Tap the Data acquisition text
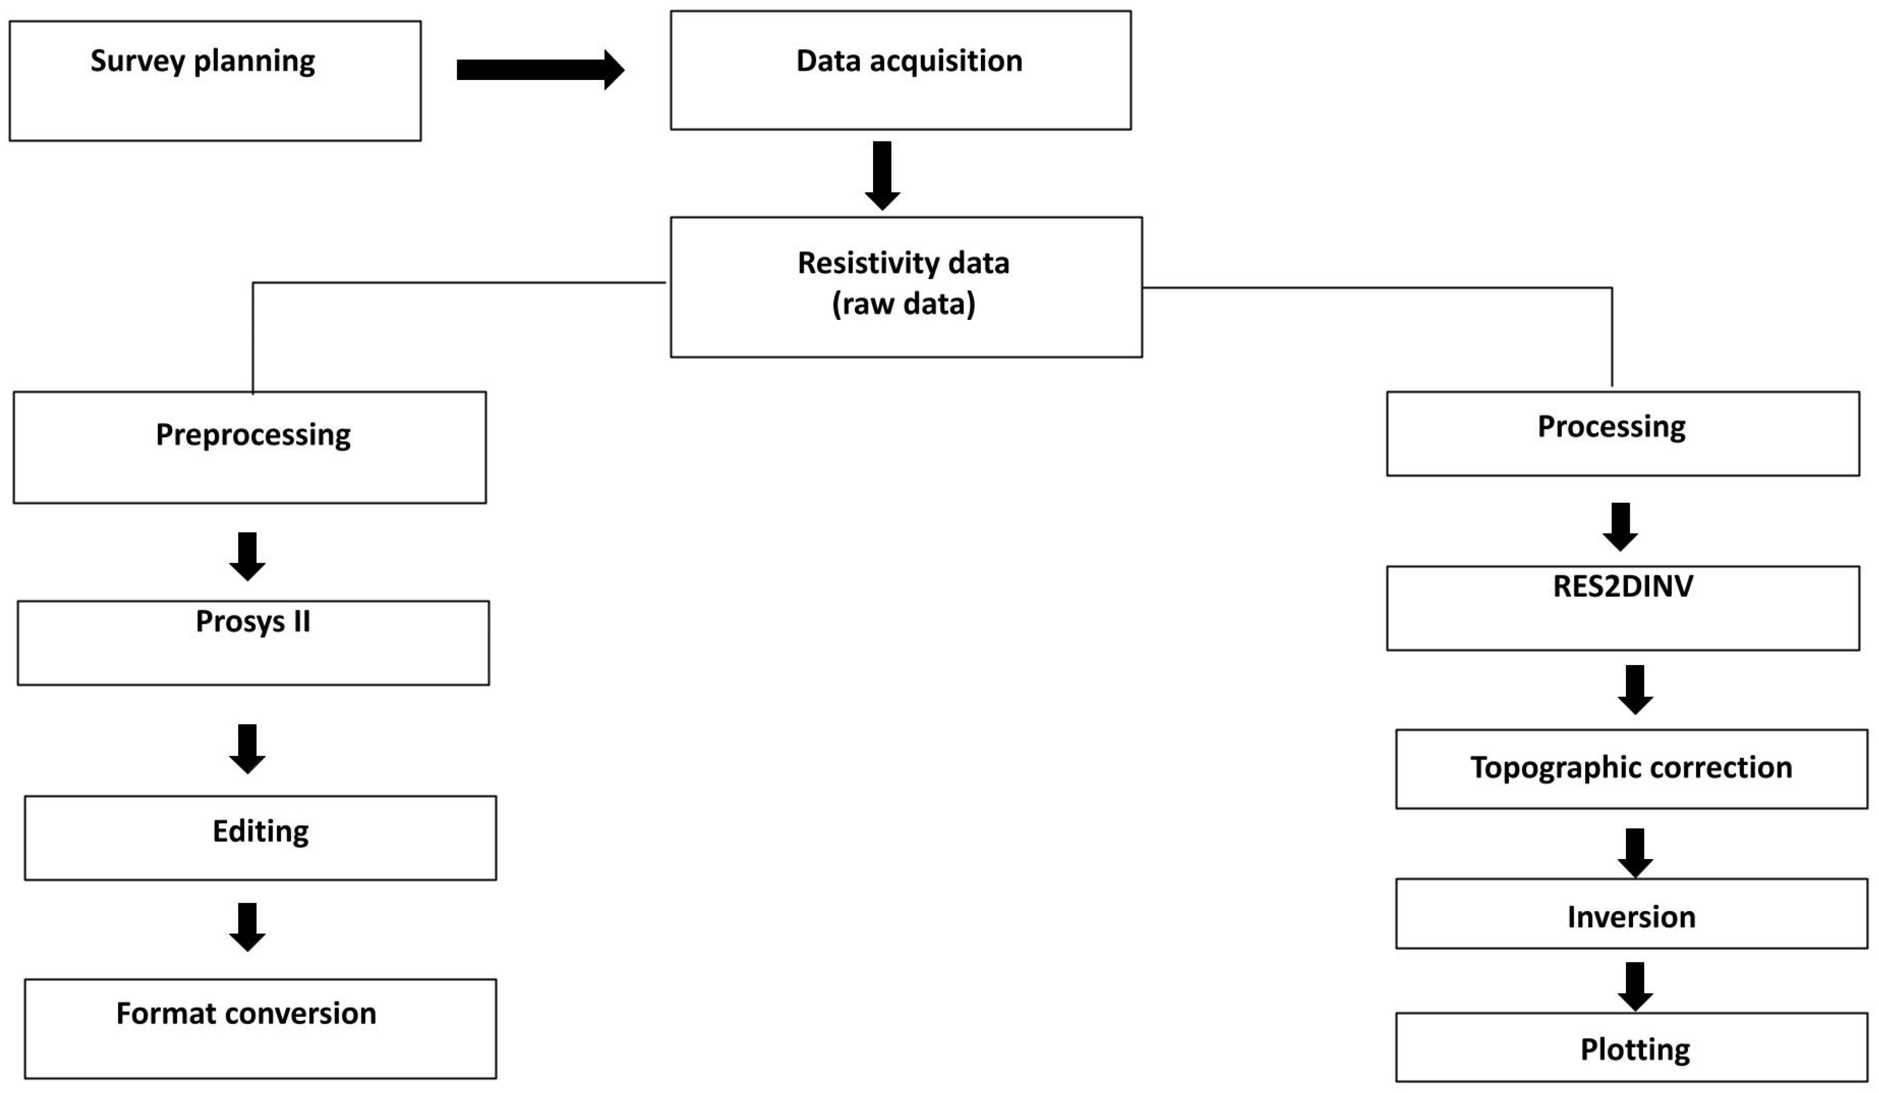point(909,61)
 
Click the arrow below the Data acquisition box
point(882,175)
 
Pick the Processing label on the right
point(1611,427)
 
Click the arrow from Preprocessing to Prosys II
point(247,556)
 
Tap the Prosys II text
point(253,621)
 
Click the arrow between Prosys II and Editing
point(247,748)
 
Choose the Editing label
point(260,831)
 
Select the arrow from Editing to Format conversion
point(247,927)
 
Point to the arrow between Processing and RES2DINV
point(1619,527)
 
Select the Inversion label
point(1631,917)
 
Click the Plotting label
point(1634,1050)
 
